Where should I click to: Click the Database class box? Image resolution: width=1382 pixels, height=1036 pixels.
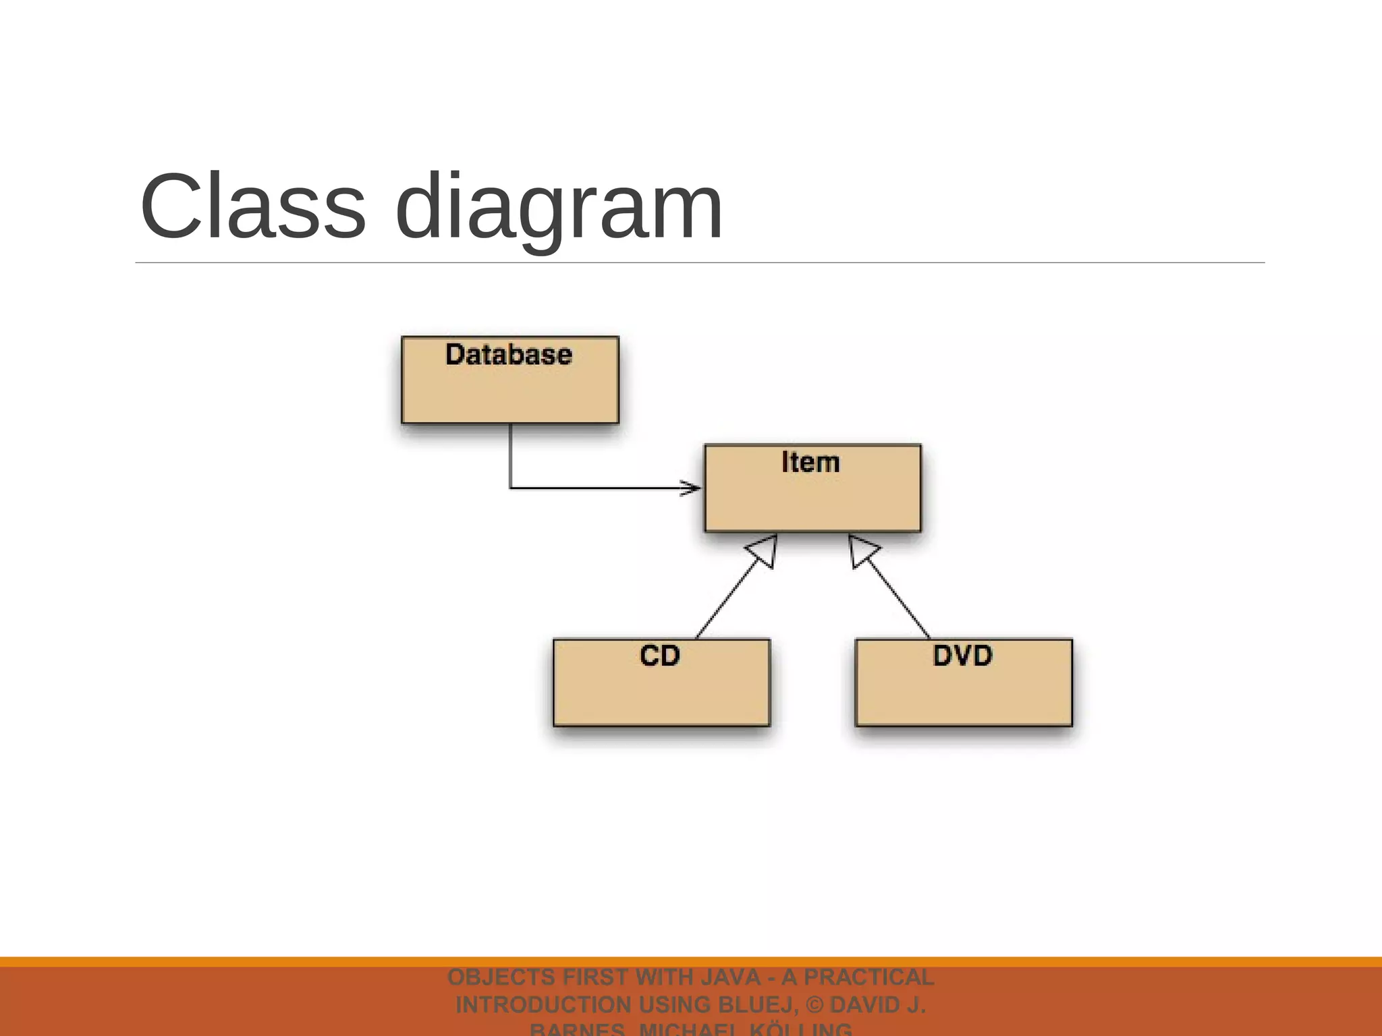[x=509, y=391]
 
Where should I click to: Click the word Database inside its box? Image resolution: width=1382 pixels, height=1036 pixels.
[x=509, y=355]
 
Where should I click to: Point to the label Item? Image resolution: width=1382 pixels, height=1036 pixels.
[x=810, y=463]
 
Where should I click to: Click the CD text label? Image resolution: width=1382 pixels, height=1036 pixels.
[x=660, y=656]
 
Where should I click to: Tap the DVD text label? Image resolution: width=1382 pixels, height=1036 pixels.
[x=962, y=656]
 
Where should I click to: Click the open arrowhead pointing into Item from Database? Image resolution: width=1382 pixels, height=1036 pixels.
[x=691, y=488]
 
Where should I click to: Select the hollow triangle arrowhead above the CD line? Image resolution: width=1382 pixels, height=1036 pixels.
[x=764, y=550]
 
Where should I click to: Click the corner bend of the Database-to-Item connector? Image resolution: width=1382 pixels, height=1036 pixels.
[x=510, y=487]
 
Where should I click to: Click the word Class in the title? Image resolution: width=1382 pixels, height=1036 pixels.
[x=252, y=206]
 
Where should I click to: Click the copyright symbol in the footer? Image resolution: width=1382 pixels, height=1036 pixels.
[x=814, y=1005]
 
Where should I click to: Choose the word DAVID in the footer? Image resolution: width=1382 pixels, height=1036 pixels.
[x=867, y=1005]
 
